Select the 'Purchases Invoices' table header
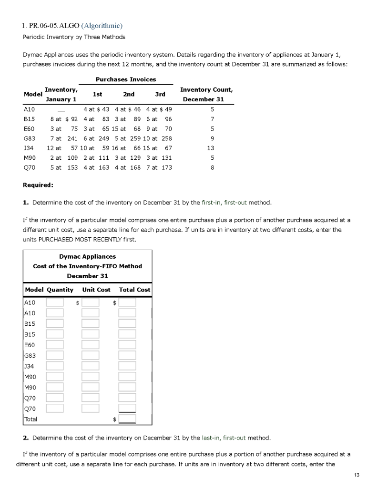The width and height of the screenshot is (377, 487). click(x=126, y=79)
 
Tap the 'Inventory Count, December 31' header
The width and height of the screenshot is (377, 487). click(x=206, y=94)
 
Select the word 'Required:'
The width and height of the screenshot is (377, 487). click(x=38, y=185)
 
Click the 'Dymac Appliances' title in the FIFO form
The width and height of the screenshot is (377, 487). click(x=87, y=256)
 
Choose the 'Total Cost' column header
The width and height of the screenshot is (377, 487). click(x=134, y=290)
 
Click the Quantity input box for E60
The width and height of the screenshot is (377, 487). click(x=55, y=345)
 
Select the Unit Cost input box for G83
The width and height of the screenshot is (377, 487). click(x=91, y=355)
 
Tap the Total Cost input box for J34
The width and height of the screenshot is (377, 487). click(x=127, y=366)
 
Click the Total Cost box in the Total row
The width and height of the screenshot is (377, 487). click(x=127, y=419)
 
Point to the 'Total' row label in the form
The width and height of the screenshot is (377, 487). click(x=31, y=419)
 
